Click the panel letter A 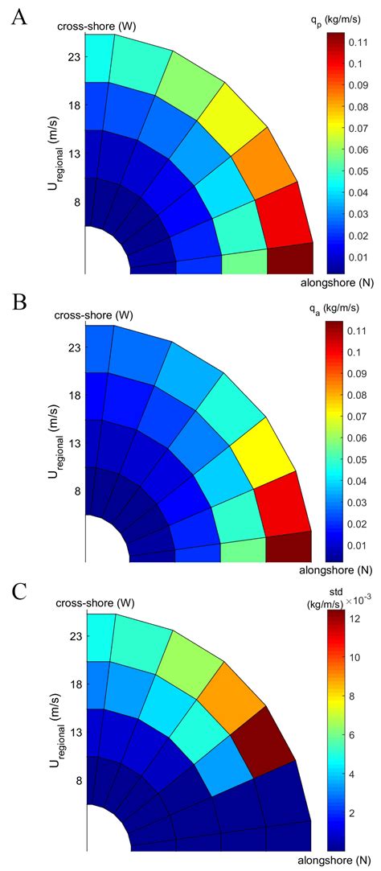click(x=18, y=17)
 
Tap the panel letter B click(x=17, y=303)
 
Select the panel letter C click(x=18, y=594)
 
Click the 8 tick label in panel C click(x=77, y=779)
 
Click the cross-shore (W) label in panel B click(x=87, y=315)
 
